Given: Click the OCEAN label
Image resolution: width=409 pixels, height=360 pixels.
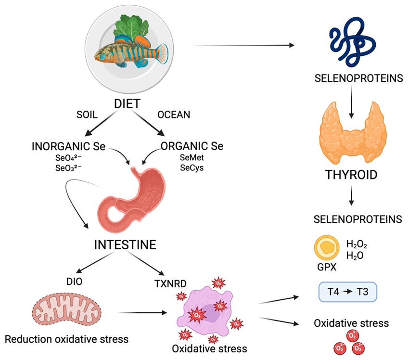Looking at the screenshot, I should point(174,115).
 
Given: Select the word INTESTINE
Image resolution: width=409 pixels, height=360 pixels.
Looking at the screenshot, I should point(125,245).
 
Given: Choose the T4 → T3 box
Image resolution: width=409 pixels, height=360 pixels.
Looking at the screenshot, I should point(347,291).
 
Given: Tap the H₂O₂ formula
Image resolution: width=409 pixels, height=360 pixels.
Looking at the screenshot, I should point(357,244).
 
